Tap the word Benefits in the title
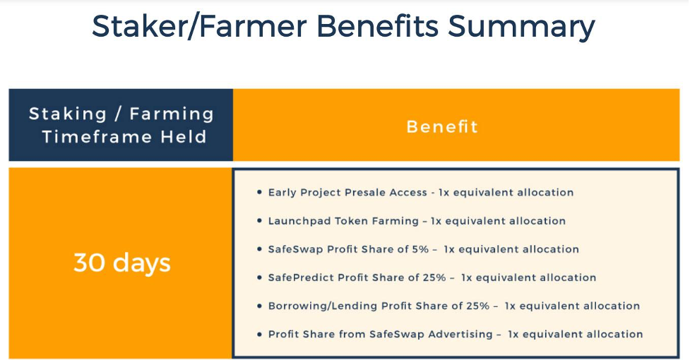[378, 25]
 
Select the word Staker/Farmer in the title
[199, 26]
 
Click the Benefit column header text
[442, 126]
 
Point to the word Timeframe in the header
[97, 137]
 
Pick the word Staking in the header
[68, 114]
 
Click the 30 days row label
[122, 263]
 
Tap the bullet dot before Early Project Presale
[259, 192]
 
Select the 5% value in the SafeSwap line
[420, 249]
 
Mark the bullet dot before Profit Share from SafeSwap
[259, 334]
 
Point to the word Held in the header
[183, 137]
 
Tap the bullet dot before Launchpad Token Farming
[259, 221]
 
